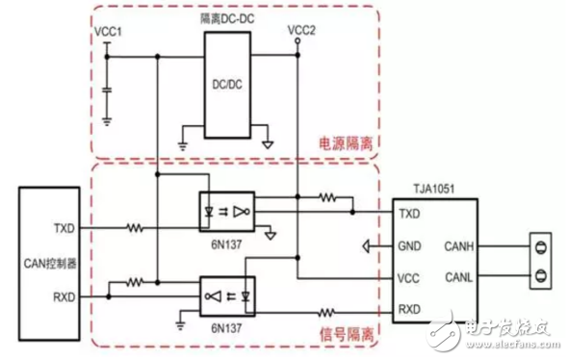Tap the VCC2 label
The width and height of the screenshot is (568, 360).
point(301,31)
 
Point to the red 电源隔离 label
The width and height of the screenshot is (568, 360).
point(344,141)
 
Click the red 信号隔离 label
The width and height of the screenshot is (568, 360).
point(344,332)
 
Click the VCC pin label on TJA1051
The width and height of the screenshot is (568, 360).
point(408,277)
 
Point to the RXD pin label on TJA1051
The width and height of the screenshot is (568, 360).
point(408,310)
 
